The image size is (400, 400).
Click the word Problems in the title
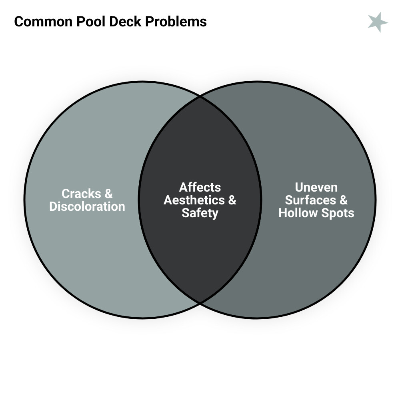pyautogui.click(x=176, y=21)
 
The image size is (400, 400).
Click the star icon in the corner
pyautogui.click(x=378, y=22)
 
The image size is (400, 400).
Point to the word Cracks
pyautogui.click(x=81, y=194)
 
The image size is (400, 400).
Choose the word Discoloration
pyautogui.click(x=87, y=206)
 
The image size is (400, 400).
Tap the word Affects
pyautogui.click(x=200, y=187)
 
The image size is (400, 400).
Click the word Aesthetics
pyautogui.click(x=194, y=200)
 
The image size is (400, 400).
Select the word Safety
pyautogui.click(x=200, y=213)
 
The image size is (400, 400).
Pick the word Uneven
pyautogui.click(x=316, y=187)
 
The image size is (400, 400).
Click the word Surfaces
pyautogui.click(x=310, y=200)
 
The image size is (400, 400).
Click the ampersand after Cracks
pyautogui.click(x=108, y=194)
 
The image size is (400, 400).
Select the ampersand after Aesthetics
pyautogui.click(x=232, y=200)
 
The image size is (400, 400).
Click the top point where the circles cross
pyautogui.click(x=200, y=96)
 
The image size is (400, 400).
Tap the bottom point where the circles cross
pyautogui.click(x=200, y=303)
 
